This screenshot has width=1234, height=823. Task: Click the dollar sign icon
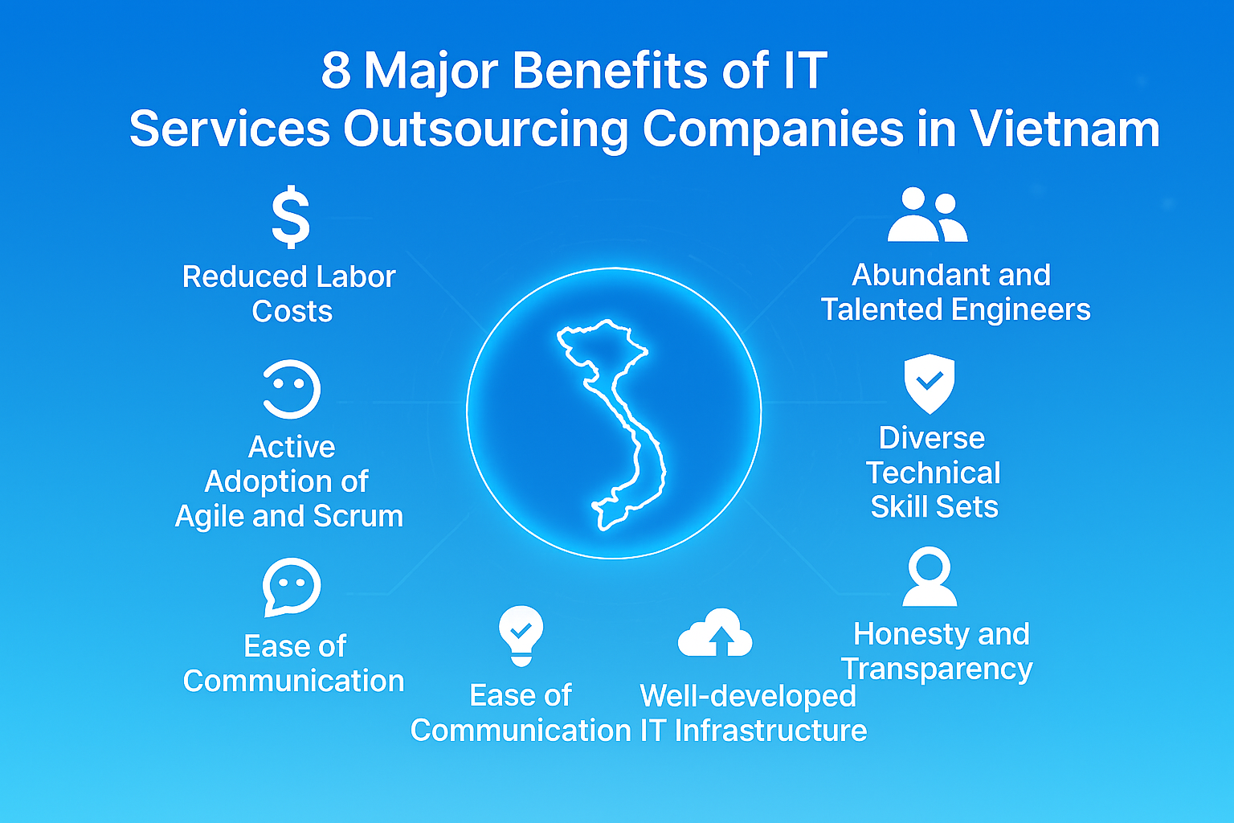[291, 217]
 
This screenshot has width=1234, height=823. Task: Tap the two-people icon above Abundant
[927, 215]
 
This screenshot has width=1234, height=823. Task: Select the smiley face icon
[292, 389]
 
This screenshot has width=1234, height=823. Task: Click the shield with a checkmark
[930, 383]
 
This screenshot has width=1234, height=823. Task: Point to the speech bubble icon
[292, 587]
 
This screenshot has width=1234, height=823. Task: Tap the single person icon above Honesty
[930, 576]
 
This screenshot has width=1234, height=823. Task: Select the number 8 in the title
[336, 70]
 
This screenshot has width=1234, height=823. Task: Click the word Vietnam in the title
[1064, 129]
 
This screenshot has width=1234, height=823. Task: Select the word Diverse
[931, 438]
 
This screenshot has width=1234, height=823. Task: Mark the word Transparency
[937, 669]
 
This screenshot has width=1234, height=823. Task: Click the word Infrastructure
[770, 731]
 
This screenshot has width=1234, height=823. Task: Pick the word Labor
[356, 276]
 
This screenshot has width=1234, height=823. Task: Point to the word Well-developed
[748, 696]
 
